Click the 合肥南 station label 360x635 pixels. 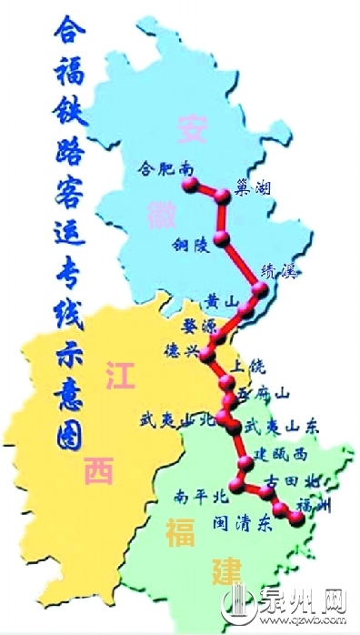[x=164, y=168]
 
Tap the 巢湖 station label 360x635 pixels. [x=253, y=187]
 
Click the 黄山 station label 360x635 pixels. [x=221, y=301]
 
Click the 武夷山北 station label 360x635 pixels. [x=178, y=419]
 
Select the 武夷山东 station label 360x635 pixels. [x=279, y=425]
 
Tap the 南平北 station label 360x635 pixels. [x=199, y=497]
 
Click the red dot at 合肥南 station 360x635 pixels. [x=189, y=184]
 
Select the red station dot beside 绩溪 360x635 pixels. [x=262, y=290]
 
